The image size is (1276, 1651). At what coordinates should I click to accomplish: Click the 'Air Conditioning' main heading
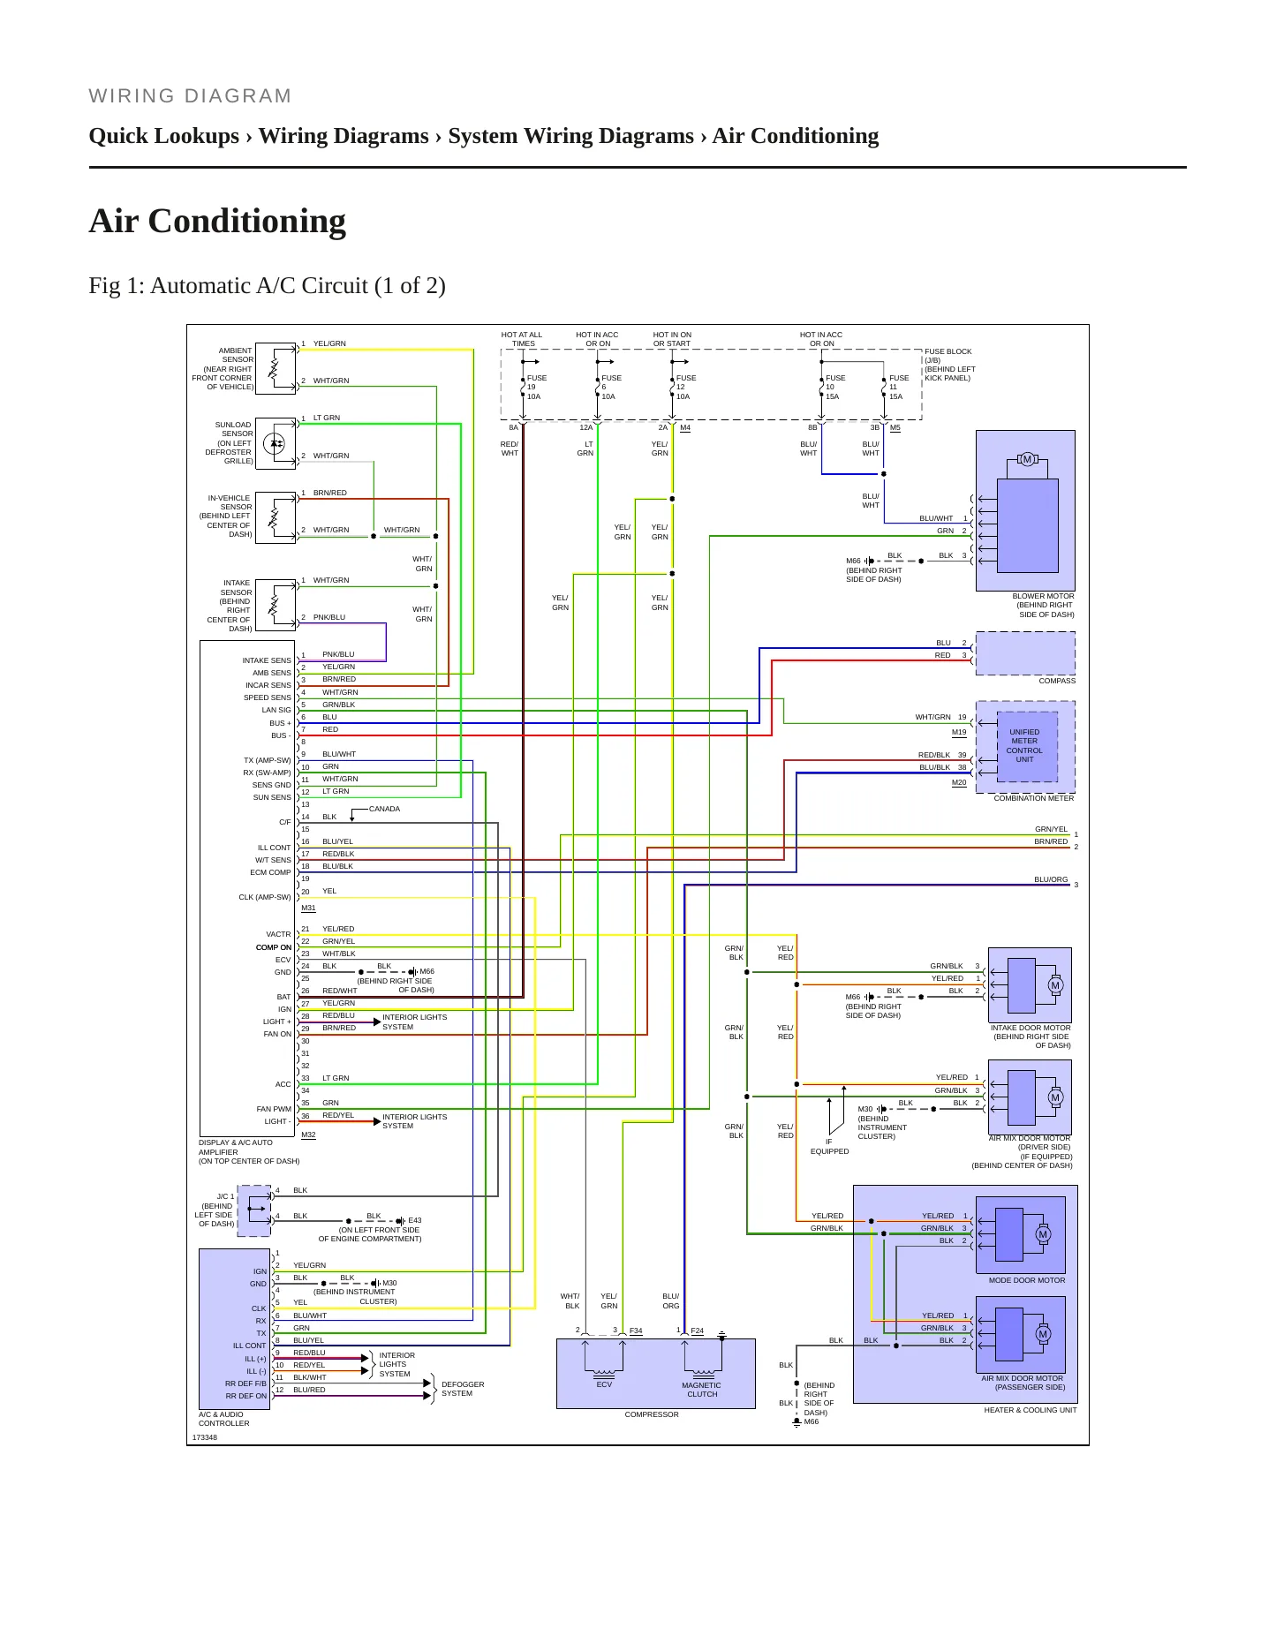pos(217,221)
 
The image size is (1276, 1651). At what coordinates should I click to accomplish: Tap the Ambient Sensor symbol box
pos(276,367)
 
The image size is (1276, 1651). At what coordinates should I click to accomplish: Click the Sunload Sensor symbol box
pos(276,443)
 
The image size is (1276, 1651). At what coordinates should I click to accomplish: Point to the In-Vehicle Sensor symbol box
pos(276,517)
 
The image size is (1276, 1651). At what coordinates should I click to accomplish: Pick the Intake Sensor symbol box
pos(276,605)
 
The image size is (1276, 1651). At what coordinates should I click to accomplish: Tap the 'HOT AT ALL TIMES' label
pos(522,339)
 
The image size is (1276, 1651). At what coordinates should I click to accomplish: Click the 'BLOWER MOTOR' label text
pos(1043,596)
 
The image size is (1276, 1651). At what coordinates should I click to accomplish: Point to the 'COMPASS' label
pos(1057,681)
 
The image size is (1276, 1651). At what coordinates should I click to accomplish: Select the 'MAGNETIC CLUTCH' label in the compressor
pos(702,1390)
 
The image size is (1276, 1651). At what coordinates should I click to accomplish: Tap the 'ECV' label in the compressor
pos(604,1384)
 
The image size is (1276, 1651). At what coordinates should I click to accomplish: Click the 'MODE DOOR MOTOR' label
pos(1027,1280)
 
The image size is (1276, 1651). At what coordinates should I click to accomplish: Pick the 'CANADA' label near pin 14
pos(384,809)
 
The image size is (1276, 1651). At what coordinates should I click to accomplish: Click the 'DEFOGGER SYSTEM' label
pos(463,1389)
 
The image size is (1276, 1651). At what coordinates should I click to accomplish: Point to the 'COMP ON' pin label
pos(274,947)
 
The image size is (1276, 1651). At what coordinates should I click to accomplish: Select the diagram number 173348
pos(205,1437)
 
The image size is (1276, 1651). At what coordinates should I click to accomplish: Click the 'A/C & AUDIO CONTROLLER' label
pos(224,1419)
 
